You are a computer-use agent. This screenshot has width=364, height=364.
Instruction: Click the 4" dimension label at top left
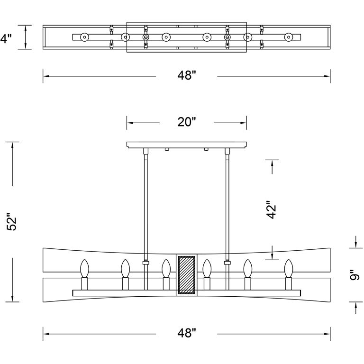(x=5, y=38)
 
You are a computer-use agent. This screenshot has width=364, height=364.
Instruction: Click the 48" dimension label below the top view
(x=186, y=76)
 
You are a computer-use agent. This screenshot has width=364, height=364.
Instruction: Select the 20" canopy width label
(x=186, y=122)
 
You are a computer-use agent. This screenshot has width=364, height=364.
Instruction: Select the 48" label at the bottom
(x=186, y=334)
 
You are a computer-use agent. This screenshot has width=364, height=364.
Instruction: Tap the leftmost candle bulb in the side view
(x=85, y=269)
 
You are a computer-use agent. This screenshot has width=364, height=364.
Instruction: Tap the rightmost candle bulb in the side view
(x=288, y=269)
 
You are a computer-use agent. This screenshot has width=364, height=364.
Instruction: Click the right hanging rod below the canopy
(x=227, y=204)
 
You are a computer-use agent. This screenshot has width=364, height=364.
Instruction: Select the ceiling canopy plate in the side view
(x=187, y=144)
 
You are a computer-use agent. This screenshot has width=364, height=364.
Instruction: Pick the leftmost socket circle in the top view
(x=85, y=37)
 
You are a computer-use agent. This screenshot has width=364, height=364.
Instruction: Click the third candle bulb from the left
(x=166, y=269)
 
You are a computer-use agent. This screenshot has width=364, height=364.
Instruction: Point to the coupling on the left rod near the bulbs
(x=146, y=262)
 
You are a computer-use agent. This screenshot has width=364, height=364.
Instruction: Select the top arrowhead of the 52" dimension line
(x=12, y=144)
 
